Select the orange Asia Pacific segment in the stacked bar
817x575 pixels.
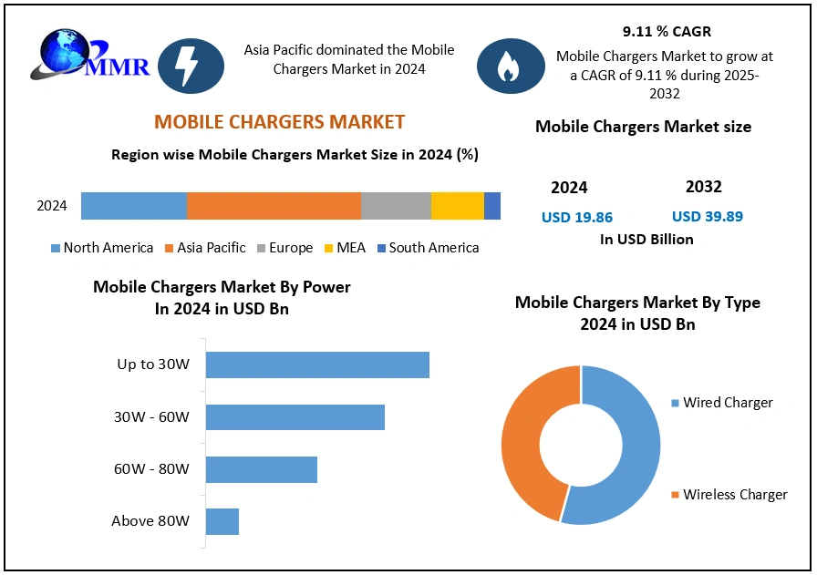click(x=274, y=206)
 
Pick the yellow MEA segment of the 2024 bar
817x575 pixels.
click(x=457, y=206)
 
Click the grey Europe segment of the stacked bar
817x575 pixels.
click(x=396, y=206)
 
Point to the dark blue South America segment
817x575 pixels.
click(x=492, y=206)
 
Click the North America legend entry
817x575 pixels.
click(x=101, y=248)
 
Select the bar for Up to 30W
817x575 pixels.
click(x=317, y=365)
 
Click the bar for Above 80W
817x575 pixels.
click(x=222, y=522)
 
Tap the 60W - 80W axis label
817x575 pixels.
click(x=151, y=469)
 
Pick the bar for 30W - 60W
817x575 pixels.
click(x=295, y=417)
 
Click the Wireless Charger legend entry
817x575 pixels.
click(x=729, y=495)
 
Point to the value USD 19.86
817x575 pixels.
click(x=576, y=217)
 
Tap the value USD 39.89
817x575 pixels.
click(x=707, y=216)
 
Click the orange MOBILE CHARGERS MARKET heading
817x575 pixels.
click(x=279, y=122)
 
